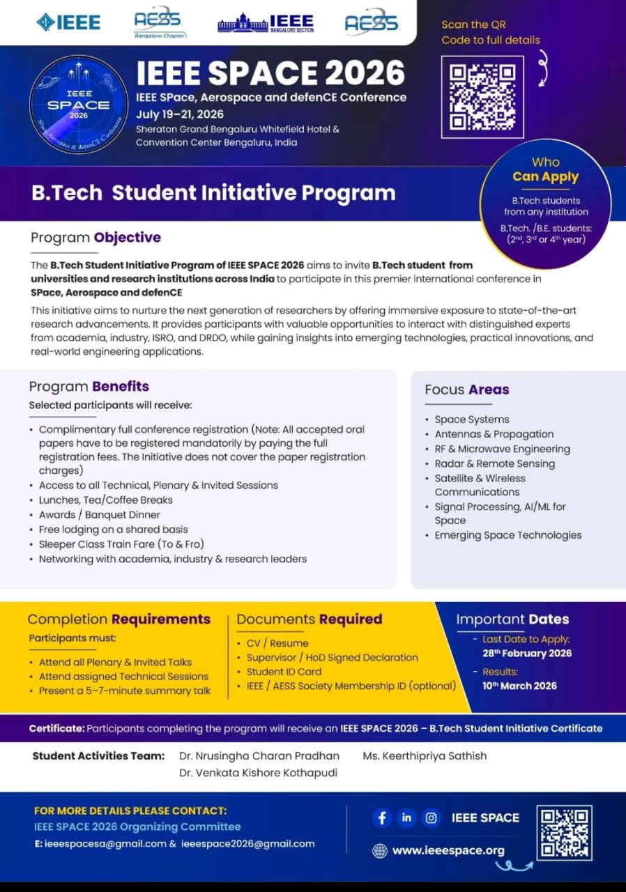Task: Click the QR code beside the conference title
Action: point(482,97)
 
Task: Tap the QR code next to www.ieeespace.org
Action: point(564,832)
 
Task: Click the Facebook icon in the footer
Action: point(381,817)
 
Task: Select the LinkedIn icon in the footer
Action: point(406,817)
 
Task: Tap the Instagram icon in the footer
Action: point(432,817)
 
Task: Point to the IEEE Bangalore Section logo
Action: point(266,24)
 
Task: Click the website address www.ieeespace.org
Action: point(448,850)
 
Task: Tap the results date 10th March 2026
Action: point(519,686)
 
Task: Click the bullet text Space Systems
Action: point(471,420)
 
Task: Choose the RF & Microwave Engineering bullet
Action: point(502,449)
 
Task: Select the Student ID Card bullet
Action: point(284,672)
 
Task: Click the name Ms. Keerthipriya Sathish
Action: point(425,755)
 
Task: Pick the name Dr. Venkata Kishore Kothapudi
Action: point(257,772)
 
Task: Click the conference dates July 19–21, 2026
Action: point(180,114)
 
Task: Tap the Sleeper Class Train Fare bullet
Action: point(121,544)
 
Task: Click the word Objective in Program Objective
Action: point(128,238)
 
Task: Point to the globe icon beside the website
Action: point(380,850)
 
